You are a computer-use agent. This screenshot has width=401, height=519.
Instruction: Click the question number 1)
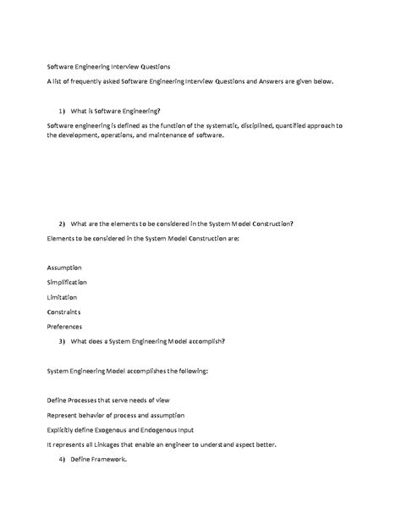(63, 111)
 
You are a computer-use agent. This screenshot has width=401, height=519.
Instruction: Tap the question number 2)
(63, 224)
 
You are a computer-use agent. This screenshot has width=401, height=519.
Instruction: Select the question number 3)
(63, 341)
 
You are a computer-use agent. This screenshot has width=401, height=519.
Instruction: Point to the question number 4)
(63, 459)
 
